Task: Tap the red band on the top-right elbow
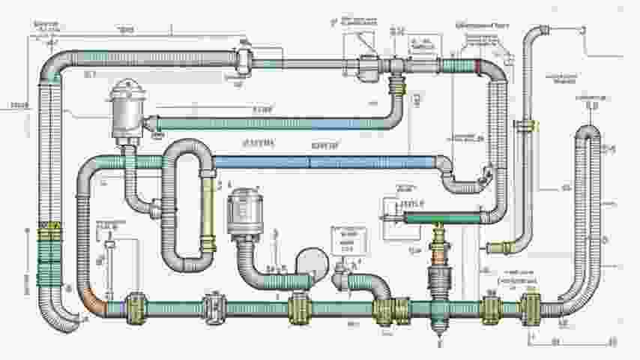pyautogui.click(x=478, y=65)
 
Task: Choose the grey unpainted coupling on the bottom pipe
pyautogui.click(x=214, y=307)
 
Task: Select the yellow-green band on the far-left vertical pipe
pyautogui.click(x=50, y=232)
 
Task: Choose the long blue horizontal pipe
pyautogui.click(x=322, y=162)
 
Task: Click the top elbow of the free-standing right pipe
pyautogui.click(x=537, y=33)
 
